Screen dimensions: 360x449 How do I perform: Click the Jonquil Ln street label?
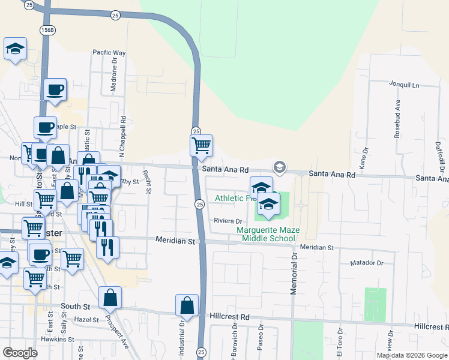pos(404,85)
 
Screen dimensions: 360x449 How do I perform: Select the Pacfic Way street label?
pos(109,53)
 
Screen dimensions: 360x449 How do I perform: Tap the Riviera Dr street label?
pos(228,221)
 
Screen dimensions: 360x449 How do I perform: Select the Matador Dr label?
pos(366,263)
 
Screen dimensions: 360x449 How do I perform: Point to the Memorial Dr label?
pos(294,273)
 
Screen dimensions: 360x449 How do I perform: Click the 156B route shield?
pos(48,29)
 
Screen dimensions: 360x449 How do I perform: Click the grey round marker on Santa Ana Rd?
pos(279,167)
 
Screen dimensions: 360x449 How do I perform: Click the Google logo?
pos(20,353)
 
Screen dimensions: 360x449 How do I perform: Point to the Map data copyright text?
pos(412,355)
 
